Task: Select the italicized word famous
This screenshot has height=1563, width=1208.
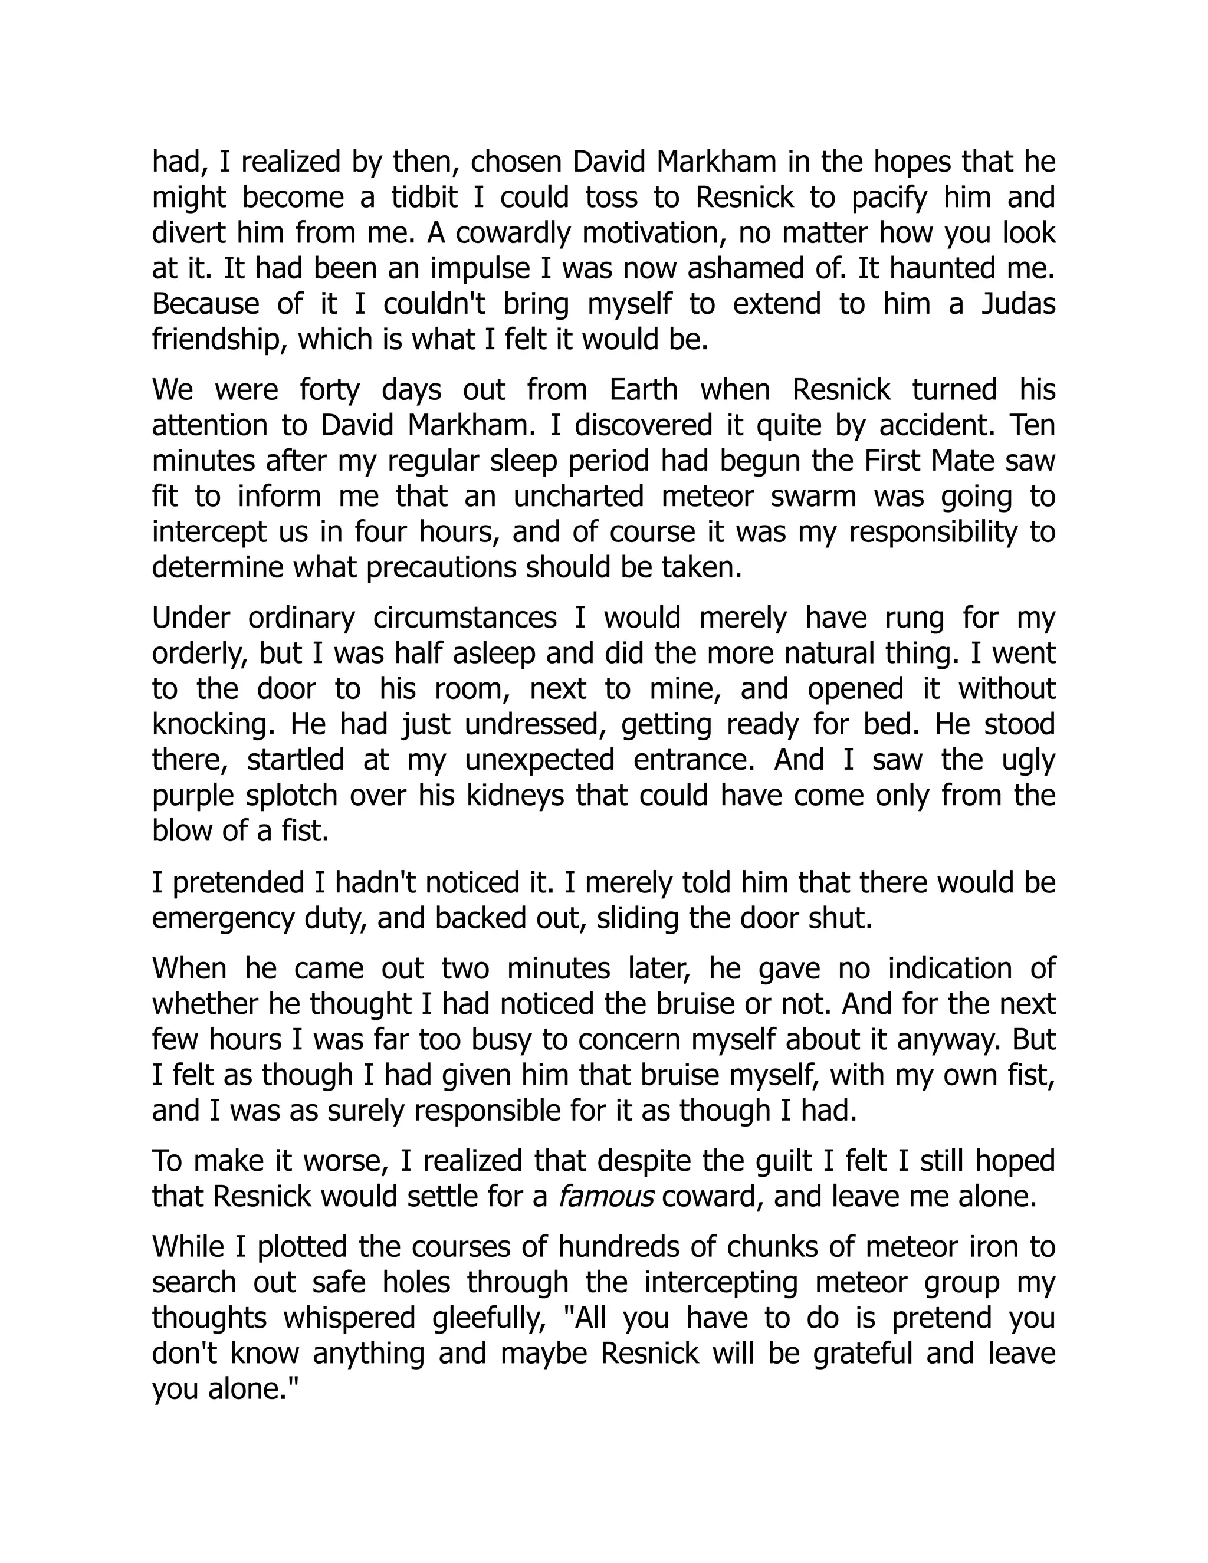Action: point(605,1196)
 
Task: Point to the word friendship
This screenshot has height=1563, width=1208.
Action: point(218,340)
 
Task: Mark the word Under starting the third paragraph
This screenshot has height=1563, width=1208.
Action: point(188,618)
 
